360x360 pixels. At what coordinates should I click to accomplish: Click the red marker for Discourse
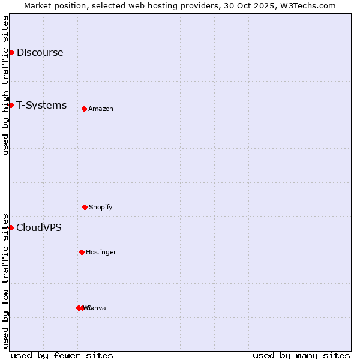pos(11,52)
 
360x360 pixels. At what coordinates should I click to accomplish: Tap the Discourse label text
pos(40,52)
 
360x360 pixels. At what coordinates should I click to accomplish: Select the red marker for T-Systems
pos(11,105)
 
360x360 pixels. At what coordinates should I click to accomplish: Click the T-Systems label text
pos(41,105)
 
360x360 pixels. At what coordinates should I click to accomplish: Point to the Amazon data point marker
pos(84,109)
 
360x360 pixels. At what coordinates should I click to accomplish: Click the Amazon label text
pos(101,109)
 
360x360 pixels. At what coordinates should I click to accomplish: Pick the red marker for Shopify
pos(85,207)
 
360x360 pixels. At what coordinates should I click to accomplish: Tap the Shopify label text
pos(101,207)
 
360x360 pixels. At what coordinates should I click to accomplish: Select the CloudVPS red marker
pos(11,227)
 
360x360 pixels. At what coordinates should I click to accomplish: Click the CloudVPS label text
pos(39,227)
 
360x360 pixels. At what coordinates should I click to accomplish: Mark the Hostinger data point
pos(82,252)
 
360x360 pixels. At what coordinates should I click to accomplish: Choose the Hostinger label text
pos(101,252)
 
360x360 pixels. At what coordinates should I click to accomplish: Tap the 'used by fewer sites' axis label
pos(62,355)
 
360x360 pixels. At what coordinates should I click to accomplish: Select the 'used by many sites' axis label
pos(301,355)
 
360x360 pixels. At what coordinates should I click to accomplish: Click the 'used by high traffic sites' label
pos(5,85)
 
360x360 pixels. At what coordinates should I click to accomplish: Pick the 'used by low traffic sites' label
pos(5,280)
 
